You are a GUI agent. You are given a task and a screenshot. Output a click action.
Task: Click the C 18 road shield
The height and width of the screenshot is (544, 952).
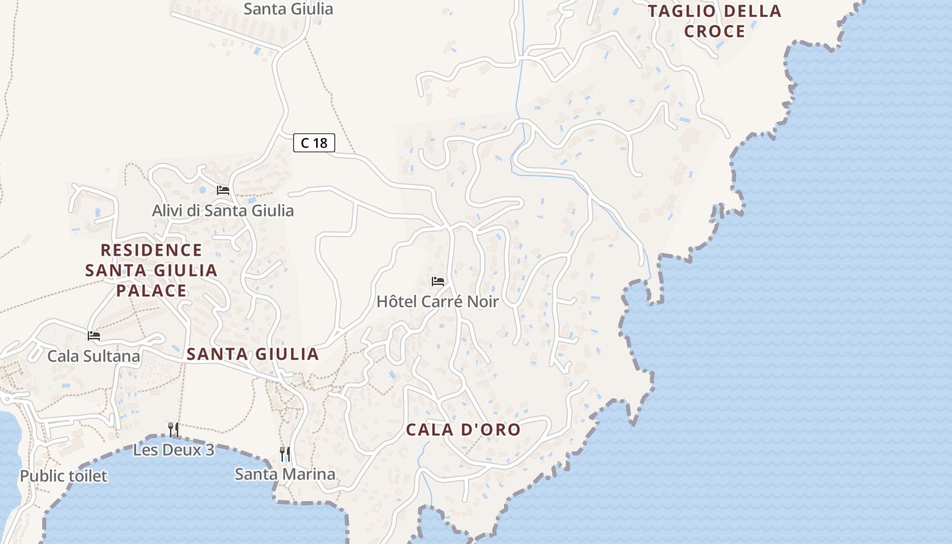(x=314, y=143)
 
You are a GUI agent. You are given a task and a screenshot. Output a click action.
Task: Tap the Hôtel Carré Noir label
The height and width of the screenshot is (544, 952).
(x=437, y=301)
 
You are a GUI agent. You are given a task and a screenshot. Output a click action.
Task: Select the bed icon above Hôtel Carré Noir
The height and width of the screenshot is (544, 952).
(x=437, y=281)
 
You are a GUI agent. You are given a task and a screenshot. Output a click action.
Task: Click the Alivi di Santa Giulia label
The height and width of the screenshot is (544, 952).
(x=222, y=210)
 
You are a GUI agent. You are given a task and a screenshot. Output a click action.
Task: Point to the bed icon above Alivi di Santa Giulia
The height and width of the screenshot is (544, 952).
(x=223, y=190)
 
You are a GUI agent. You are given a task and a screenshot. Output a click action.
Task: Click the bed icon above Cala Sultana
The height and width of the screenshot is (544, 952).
(x=94, y=335)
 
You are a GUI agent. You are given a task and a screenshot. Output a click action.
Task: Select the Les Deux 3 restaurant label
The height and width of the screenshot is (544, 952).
(x=173, y=449)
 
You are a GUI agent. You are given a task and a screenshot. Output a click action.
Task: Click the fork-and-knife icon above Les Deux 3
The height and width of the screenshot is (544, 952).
(x=173, y=429)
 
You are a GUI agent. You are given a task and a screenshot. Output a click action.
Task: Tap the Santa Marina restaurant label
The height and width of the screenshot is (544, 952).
(x=285, y=474)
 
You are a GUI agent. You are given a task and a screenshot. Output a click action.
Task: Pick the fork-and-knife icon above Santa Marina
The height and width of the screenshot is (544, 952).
(x=285, y=454)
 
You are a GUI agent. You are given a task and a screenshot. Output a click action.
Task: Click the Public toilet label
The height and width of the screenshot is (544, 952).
(x=63, y=475)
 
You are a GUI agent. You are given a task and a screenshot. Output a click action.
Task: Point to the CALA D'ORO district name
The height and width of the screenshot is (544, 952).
(x=463, y=430)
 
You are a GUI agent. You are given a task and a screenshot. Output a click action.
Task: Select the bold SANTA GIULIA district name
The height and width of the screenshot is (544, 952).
(x=252, y=354)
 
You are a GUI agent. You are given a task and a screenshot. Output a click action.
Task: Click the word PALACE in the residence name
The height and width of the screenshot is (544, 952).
(x=151, y=290)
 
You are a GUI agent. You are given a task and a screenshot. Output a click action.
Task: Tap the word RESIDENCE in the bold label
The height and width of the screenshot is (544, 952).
(x=151, y=250)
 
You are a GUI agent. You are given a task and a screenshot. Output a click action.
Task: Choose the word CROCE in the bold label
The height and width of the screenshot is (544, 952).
(x=715, y=31)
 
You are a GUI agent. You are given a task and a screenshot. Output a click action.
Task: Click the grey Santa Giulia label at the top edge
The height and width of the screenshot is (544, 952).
(x=288, y=9)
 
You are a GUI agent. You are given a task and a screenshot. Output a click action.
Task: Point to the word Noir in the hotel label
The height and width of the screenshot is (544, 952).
(x=481, y=301)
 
